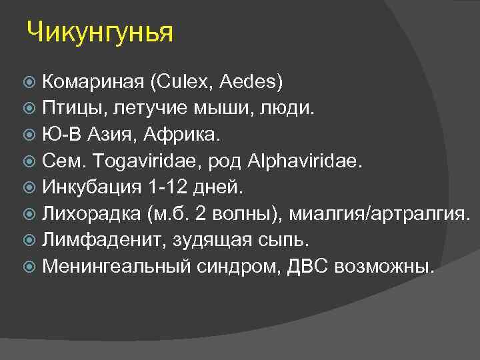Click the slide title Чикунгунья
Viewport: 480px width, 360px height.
point(100,33)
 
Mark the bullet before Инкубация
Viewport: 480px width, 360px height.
point(31,189)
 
